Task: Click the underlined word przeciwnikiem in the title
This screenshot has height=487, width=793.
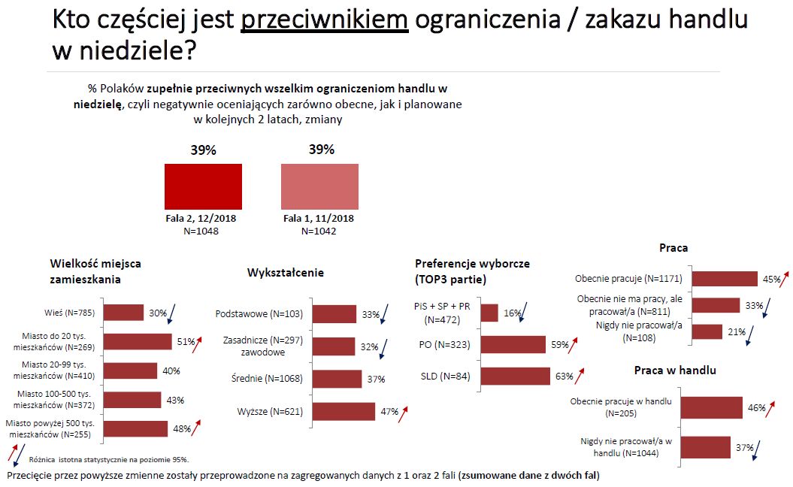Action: click(x=324, y=20)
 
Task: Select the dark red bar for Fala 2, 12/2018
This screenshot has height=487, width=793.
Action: click(x=203, y=187)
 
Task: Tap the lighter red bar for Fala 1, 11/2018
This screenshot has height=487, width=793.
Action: click(x=319, y=187)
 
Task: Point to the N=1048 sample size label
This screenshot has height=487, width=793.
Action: click(x=202, y=231)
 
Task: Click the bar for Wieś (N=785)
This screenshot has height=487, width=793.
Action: click(x=123, y=313)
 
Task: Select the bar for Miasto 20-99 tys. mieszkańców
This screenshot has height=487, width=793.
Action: click(x=130, y=371)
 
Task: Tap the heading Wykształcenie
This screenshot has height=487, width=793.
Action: click(x=286, y=273)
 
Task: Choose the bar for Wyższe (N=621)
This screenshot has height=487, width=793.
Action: click(x=344, y=411)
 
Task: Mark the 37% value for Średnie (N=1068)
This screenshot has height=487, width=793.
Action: click(x=374, y=379)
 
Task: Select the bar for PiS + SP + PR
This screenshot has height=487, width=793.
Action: click(x=489, y=313)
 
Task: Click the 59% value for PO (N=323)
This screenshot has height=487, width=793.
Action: click(x=558, y=344)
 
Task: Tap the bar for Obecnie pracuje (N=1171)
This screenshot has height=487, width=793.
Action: click(x=725, y=279)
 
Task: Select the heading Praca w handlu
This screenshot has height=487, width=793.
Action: click(x=675, y=370)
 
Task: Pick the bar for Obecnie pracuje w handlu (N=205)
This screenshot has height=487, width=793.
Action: click(x=711, y=407)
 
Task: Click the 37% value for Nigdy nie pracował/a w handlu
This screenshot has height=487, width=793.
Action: click(x=744, y=448)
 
